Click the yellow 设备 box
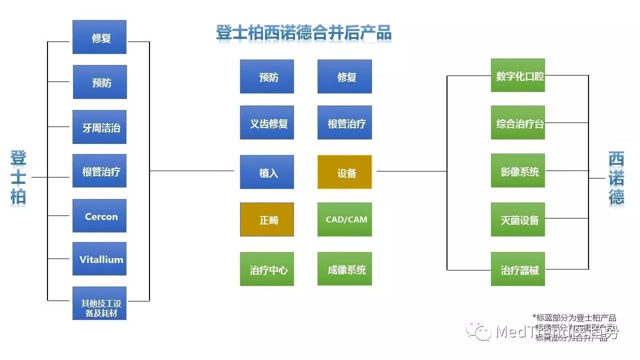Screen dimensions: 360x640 pos(344,172)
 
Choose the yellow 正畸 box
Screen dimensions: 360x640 pos(267,219)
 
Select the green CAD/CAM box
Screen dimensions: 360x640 pos(344,219)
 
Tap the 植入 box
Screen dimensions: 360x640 pos(267,172)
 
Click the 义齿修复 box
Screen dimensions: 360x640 pos(267,122)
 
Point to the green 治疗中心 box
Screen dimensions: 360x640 pos(267,269)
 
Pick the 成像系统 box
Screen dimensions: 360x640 pos(344,269)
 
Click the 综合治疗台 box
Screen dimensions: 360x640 pos(518,122)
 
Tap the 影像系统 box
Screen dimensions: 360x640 pos(518,170)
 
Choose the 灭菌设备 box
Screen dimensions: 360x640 pos(518,219)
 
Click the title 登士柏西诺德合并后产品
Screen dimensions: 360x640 pos(303,33)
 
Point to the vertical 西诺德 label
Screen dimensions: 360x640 pos(616,178)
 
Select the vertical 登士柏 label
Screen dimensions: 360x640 pos(18,177)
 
